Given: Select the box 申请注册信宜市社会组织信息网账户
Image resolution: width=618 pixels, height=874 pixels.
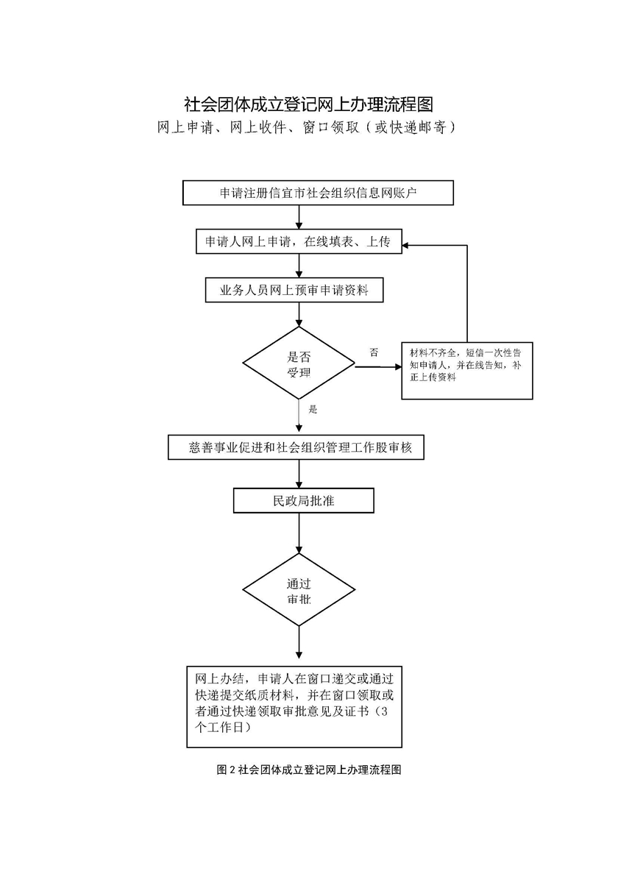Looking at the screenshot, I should coord(318,193).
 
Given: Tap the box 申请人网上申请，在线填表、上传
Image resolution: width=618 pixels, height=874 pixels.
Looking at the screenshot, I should coord(299,242).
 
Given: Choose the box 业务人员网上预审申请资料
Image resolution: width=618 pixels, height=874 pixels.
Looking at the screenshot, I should coord(295,291).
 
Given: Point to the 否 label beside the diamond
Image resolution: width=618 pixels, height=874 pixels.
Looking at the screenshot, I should coord(374,352).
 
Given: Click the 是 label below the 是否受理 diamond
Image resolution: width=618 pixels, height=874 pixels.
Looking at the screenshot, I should coord(313,409).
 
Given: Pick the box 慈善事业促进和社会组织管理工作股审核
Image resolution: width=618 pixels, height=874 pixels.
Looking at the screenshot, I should coord(296,447).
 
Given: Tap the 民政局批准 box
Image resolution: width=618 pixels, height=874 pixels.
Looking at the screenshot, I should coord(304,501).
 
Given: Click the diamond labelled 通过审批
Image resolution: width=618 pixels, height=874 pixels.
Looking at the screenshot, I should coord(299,591).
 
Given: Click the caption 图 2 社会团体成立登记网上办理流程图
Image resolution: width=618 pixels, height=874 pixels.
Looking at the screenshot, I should coord(309,770).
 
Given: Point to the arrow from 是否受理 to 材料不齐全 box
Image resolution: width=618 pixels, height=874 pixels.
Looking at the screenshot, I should coord(378,366).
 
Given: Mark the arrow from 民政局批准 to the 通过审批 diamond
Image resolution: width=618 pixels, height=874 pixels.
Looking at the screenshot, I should coord(299,533).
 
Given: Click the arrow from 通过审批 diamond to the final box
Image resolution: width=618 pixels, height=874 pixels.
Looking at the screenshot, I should coord(299,642).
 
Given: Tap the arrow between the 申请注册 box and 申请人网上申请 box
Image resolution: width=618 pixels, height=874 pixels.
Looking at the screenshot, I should coord(299,217).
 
